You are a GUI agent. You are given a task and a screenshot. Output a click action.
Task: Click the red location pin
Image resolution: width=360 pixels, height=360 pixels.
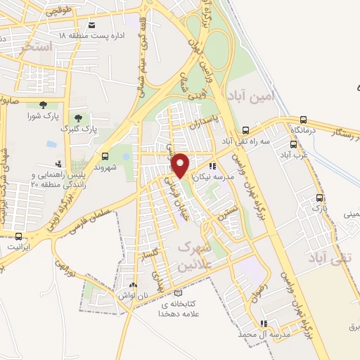point(181,165)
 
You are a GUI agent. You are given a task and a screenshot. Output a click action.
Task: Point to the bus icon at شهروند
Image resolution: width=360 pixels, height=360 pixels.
point(105,156)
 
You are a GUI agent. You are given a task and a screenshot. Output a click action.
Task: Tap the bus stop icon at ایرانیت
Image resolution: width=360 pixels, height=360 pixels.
point(18,237)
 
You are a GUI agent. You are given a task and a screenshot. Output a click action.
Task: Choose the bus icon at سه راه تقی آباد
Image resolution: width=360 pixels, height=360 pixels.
point(245,130)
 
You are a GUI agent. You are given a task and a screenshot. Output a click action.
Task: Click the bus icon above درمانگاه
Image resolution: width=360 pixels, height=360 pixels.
point(303,120)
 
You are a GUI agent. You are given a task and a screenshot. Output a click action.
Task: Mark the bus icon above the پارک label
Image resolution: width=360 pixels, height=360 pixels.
point(320,198)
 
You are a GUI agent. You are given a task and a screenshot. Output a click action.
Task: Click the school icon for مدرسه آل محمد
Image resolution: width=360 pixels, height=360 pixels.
point(263,324)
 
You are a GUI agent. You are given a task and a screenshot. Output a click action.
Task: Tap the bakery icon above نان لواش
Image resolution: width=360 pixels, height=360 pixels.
point(134,285)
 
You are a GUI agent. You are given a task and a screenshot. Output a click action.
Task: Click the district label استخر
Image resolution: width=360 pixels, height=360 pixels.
point(37,48)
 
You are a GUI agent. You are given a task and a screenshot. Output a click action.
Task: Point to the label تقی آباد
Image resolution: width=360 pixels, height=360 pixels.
point(326,259)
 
